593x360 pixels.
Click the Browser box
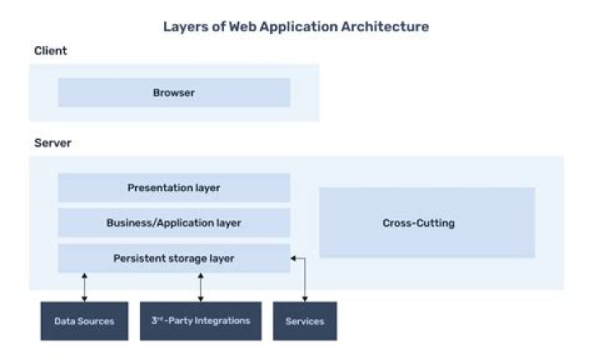(x=174, y=93)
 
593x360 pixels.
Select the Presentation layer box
(x=174, y=188)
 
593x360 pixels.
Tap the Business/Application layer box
(x=174, y=222)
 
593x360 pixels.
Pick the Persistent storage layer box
(x=174, y=258)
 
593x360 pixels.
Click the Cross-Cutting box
(x=427, y=222)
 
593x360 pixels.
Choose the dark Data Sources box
(x=84, y=321)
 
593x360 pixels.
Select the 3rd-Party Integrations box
(x=200, y=321)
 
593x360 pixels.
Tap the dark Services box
(x=305, y=321)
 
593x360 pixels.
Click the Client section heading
(x=50, y=51)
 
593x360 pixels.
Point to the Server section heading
(x=53, y=143)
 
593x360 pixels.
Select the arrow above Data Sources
(x=84, y=287)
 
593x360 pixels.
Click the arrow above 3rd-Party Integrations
(x=200, y=287)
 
